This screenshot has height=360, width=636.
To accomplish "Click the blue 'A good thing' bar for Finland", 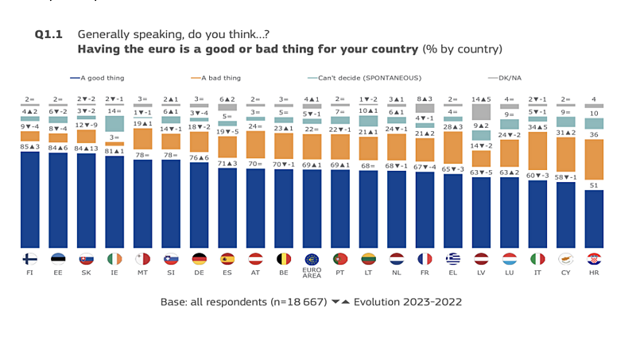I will click(29, 200).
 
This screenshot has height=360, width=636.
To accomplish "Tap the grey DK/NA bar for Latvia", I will click(481, 112).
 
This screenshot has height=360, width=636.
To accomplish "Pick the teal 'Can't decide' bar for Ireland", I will click(114, 124).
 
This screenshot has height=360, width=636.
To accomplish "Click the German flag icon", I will click(200, 259).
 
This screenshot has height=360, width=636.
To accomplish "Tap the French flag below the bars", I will click(425, 259).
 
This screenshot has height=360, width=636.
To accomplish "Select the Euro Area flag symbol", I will click(312, 259).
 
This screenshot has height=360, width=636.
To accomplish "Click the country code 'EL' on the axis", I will click(452, 273).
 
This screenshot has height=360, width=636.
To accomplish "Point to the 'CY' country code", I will click(565, 273).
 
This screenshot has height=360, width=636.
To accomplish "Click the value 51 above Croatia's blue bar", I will click(594, 185).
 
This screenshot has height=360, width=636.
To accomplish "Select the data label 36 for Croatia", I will click(594, 134).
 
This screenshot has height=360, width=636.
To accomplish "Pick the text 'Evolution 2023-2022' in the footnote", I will click(408, 302).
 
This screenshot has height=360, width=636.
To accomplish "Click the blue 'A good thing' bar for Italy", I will click(537, 215).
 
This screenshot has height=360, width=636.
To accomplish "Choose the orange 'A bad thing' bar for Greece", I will click(453, 148).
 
